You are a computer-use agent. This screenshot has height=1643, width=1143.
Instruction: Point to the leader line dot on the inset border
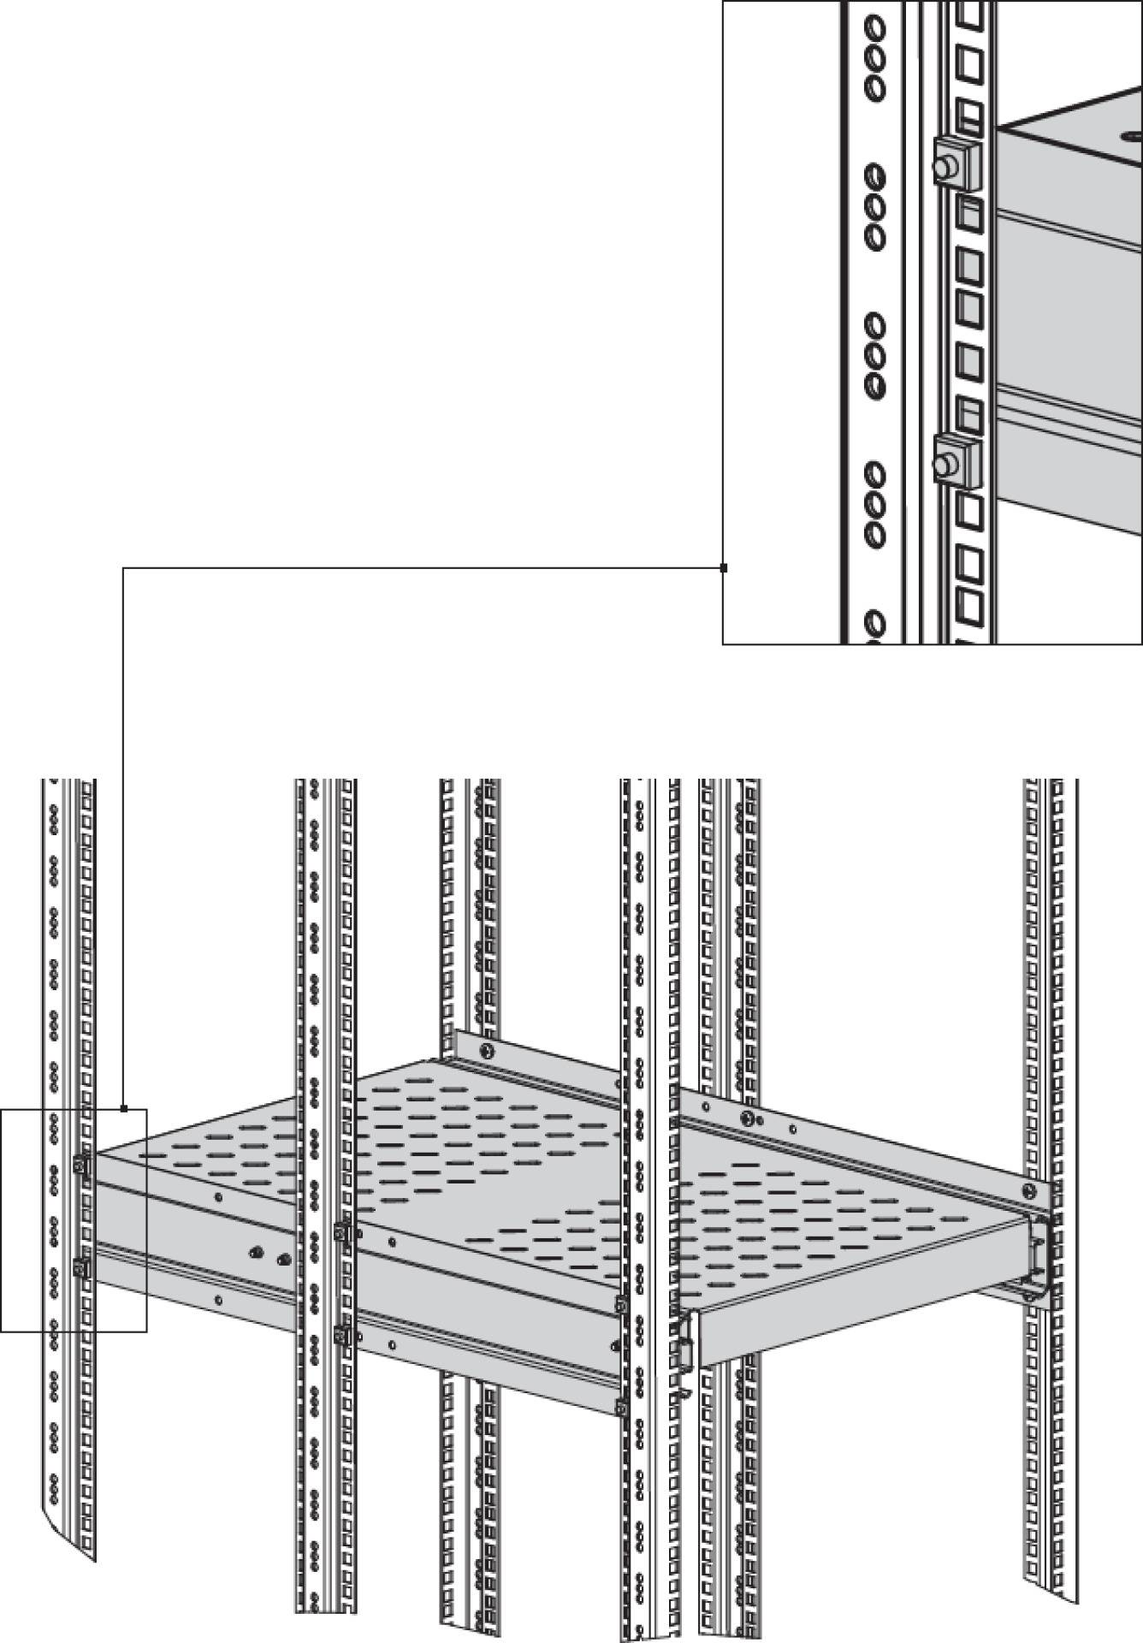pyautogui.click(x=724, y=567)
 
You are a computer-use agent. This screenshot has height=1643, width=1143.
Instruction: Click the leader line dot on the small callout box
pyautogui.click(x=124, y=1109)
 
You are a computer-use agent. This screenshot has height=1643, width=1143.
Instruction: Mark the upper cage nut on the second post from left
pyautogui.click(x=341, y=1233)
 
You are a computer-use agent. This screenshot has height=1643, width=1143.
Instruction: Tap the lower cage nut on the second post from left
pyautogui.click(x=341, y=1335)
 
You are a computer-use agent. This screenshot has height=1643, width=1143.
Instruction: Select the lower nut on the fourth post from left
pyautogui.click(x=621, y=1405)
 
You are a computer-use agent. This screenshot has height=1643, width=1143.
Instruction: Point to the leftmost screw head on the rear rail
pyautogui.click(x=487, y=1051)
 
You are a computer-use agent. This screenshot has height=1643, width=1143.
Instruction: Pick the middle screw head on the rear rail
pyautogui.click(x=748, y=1118)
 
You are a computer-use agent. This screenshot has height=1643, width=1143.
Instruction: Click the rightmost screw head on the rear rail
pyautogui.click(x=1028, y=1189)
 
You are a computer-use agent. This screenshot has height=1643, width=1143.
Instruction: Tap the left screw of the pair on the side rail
pyautogui.click(x=254, y=1253)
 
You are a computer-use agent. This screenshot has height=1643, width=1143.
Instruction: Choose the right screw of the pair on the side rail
pyautogui.click(x=284, y=1260)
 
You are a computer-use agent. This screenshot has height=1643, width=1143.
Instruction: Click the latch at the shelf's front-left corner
pyautogui.click(x=685, y=1352)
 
